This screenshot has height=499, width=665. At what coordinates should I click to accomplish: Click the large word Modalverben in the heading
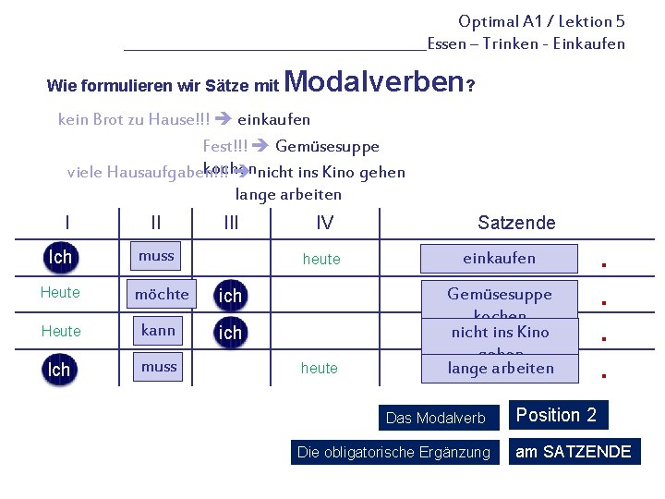coord(374,82)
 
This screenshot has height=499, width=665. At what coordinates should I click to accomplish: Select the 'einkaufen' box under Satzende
coord(499,259)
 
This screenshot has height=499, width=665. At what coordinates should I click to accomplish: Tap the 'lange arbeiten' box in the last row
coord(500,368)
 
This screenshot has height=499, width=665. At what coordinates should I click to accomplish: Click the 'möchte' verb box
coord(162,294)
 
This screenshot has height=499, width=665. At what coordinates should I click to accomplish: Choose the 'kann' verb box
coord(158,330)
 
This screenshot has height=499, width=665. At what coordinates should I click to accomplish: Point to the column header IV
coord(324,222)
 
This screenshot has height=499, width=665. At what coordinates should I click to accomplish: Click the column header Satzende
coord(516,222)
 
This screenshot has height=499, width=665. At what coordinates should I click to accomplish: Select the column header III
coord(231,222)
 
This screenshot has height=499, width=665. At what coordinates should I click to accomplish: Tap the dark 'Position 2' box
coord(556,416)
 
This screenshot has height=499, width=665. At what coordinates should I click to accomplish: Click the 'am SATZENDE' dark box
coord(573,452)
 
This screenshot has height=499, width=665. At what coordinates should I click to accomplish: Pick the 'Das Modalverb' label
coord(435,418)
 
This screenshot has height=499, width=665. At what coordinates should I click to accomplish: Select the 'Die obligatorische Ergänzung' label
coord(393,452)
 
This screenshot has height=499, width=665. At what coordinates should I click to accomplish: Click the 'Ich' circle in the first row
coord(60,257)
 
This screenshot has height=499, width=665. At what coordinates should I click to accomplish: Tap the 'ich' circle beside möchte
coord(230,295)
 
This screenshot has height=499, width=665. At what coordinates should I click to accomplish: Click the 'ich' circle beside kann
coord(230,332)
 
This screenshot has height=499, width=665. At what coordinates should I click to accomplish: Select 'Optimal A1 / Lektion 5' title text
coord(541,21)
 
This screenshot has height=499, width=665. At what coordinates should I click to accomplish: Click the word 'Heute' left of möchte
coord(60,293)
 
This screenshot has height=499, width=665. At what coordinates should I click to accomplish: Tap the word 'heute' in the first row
coord(321,260)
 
